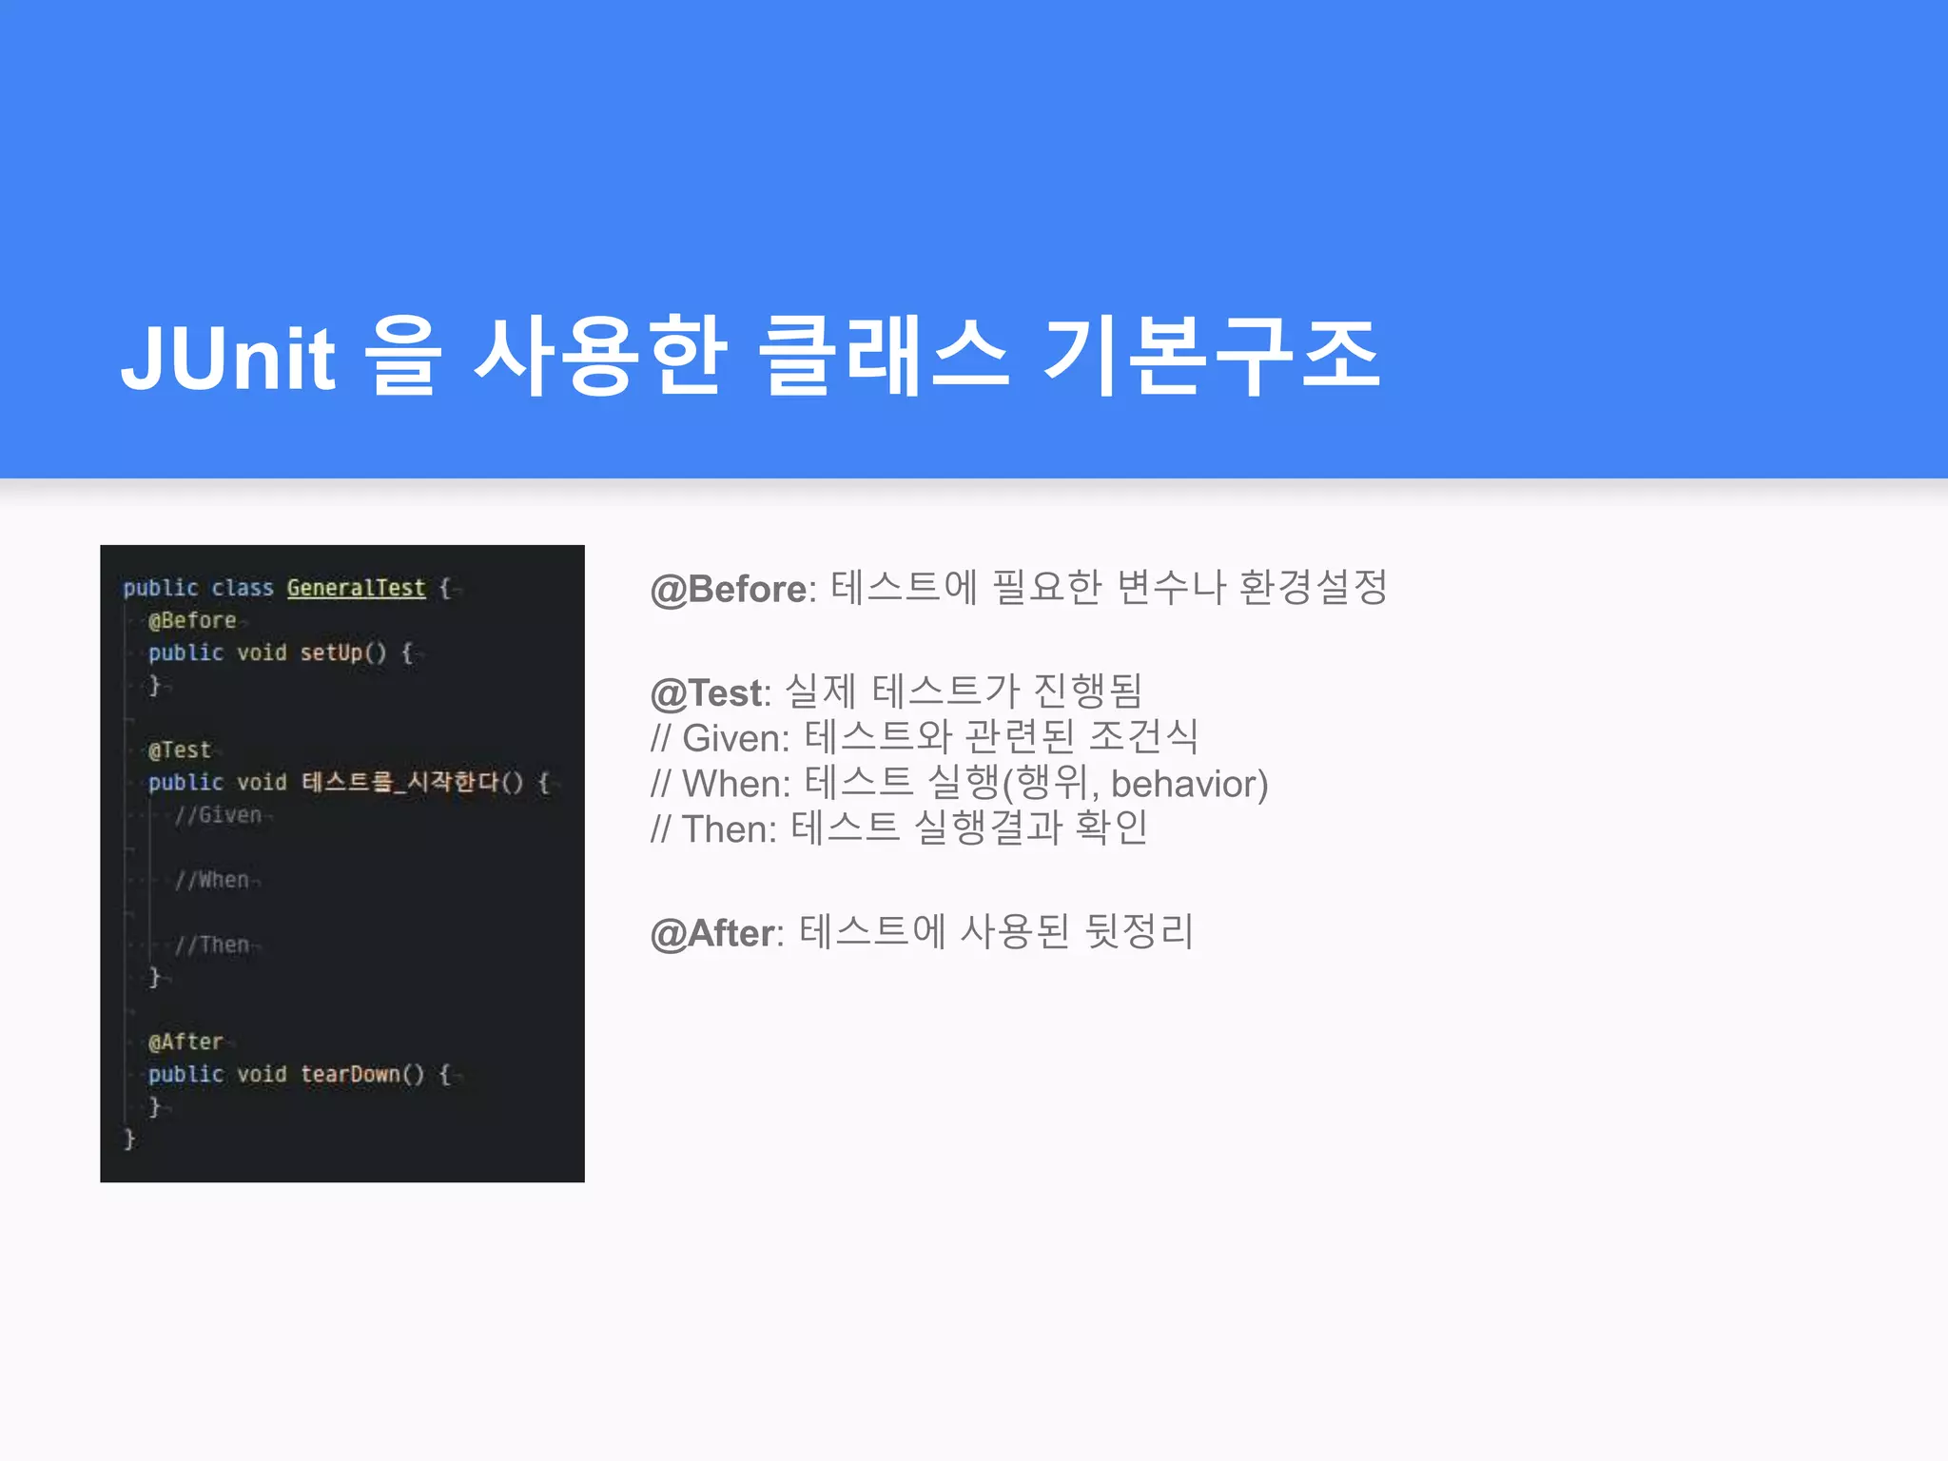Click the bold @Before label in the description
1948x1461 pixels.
coord(729,589)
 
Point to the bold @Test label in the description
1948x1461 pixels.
coord(707,692)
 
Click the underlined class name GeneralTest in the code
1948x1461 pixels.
coord(356,588)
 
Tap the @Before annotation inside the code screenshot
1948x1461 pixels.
coord(192,620)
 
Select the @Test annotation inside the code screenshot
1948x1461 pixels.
coord(180,750)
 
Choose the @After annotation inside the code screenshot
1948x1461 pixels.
coord(185,1042)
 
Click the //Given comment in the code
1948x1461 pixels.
coord(218,815)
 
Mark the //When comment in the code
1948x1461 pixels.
coord(211,880)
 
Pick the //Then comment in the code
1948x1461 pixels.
coord(211,945)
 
